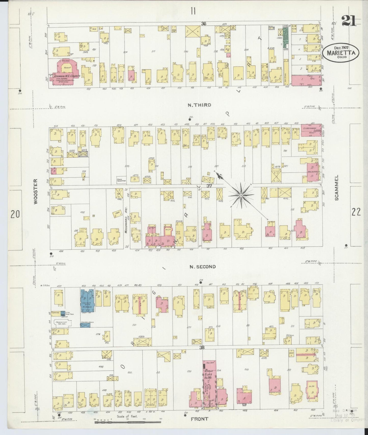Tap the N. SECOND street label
[203, 267]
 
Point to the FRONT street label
[200, 419]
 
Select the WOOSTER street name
[35, 191]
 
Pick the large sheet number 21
[348, 21]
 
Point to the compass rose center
[241, 195]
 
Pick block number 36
[203, 24]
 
